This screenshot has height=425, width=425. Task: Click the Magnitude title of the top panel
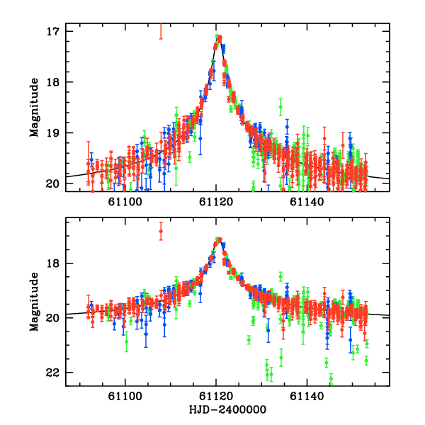click(33, 108)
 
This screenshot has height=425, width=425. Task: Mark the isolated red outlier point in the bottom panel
click(161, 232)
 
